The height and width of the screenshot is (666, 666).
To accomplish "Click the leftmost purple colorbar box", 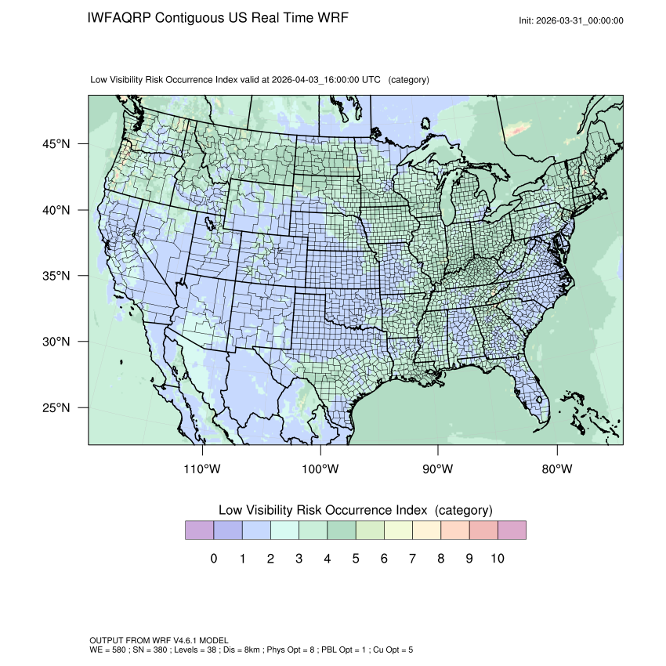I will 199,530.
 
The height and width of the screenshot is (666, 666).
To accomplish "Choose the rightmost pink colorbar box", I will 512,530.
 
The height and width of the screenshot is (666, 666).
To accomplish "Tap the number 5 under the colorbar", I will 355,559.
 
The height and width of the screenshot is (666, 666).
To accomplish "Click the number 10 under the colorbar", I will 497,559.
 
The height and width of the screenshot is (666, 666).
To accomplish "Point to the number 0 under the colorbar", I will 214,559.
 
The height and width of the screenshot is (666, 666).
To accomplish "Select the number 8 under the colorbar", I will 440,559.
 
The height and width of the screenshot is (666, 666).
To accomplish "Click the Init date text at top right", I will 571,20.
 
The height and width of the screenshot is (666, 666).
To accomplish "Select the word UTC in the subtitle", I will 372,80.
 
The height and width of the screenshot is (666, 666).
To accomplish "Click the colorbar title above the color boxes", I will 355,510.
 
